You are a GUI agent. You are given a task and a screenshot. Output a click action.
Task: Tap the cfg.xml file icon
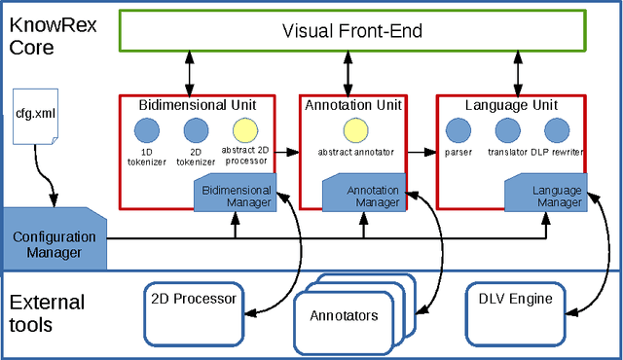33,116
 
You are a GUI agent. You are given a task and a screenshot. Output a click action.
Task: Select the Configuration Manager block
55,243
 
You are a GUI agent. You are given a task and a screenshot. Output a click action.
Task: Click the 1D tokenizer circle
145,129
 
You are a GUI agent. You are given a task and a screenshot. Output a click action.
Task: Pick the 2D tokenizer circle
196,129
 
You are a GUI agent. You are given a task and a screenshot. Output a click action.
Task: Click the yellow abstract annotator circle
354,129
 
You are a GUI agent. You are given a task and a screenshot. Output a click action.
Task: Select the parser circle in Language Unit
458,129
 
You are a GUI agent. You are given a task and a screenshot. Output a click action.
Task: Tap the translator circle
507,129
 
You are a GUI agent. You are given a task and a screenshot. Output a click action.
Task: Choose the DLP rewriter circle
556,129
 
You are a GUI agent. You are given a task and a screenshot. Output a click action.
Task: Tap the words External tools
46,312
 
